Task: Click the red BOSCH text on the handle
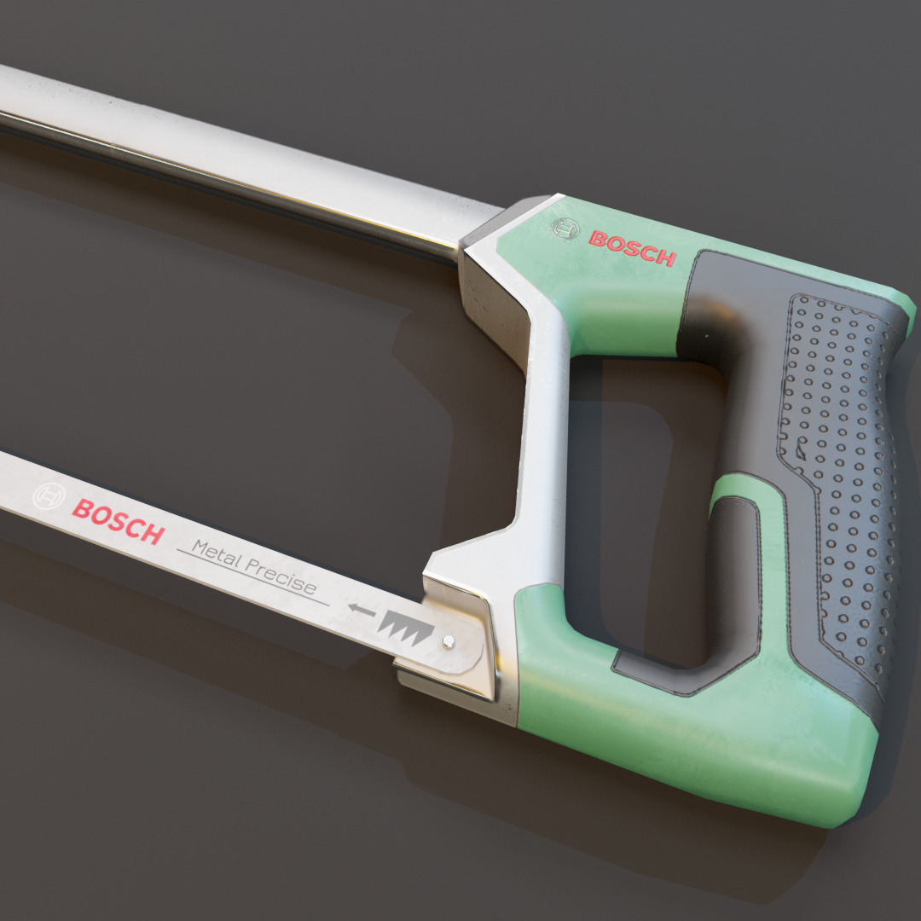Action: click(x=632, y=248)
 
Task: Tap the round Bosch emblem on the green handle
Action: click(x=564, y=229)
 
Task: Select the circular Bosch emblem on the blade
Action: click(x=48, y=496)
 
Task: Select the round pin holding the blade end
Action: click(x=449, y=641)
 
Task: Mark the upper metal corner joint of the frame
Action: click(x=503, y=256)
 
